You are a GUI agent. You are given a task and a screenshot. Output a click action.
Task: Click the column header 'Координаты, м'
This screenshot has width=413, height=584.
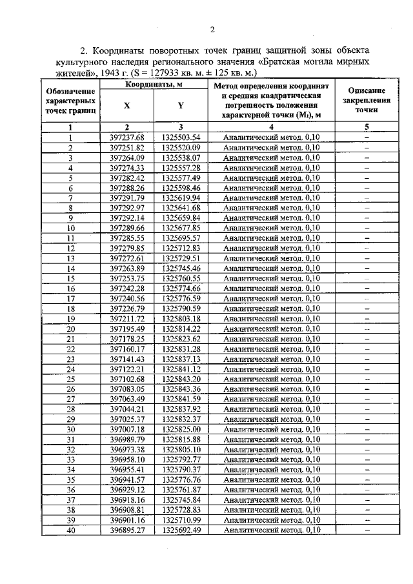click(x=153, y=85)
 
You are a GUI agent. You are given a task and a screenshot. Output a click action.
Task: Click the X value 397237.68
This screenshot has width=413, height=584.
click(x=126, y=137)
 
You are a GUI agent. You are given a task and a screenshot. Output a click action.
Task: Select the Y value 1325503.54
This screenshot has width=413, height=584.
click(x=181, y=137)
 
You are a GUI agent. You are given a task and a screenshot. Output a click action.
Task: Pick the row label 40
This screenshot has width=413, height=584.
click(x=71, y=530)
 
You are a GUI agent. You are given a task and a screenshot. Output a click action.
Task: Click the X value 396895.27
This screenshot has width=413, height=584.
click(x=126, y=530)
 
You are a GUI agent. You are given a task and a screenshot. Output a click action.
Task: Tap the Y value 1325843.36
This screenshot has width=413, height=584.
click(x=181, y=389)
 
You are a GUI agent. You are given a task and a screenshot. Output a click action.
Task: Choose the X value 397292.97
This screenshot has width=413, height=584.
click(x=126, y=208)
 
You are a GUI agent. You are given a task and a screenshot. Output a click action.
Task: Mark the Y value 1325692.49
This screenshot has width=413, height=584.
click(x=181, y=530)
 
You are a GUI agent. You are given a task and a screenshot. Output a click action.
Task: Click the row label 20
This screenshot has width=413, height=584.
click(x=71, y=328)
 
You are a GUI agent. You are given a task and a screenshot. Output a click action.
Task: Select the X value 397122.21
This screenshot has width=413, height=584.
click(x=126, y=369)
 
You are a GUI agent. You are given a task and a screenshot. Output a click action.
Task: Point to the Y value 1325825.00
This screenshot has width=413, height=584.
click(x=181, y=429)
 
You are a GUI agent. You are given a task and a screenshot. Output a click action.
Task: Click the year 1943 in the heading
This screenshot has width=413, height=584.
click(x=114, y=74)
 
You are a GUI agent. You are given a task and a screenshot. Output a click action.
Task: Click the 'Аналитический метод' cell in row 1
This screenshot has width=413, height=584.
click(x=271, y=137)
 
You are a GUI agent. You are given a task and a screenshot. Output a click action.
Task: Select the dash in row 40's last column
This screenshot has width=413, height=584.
click(x=367, y=530)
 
